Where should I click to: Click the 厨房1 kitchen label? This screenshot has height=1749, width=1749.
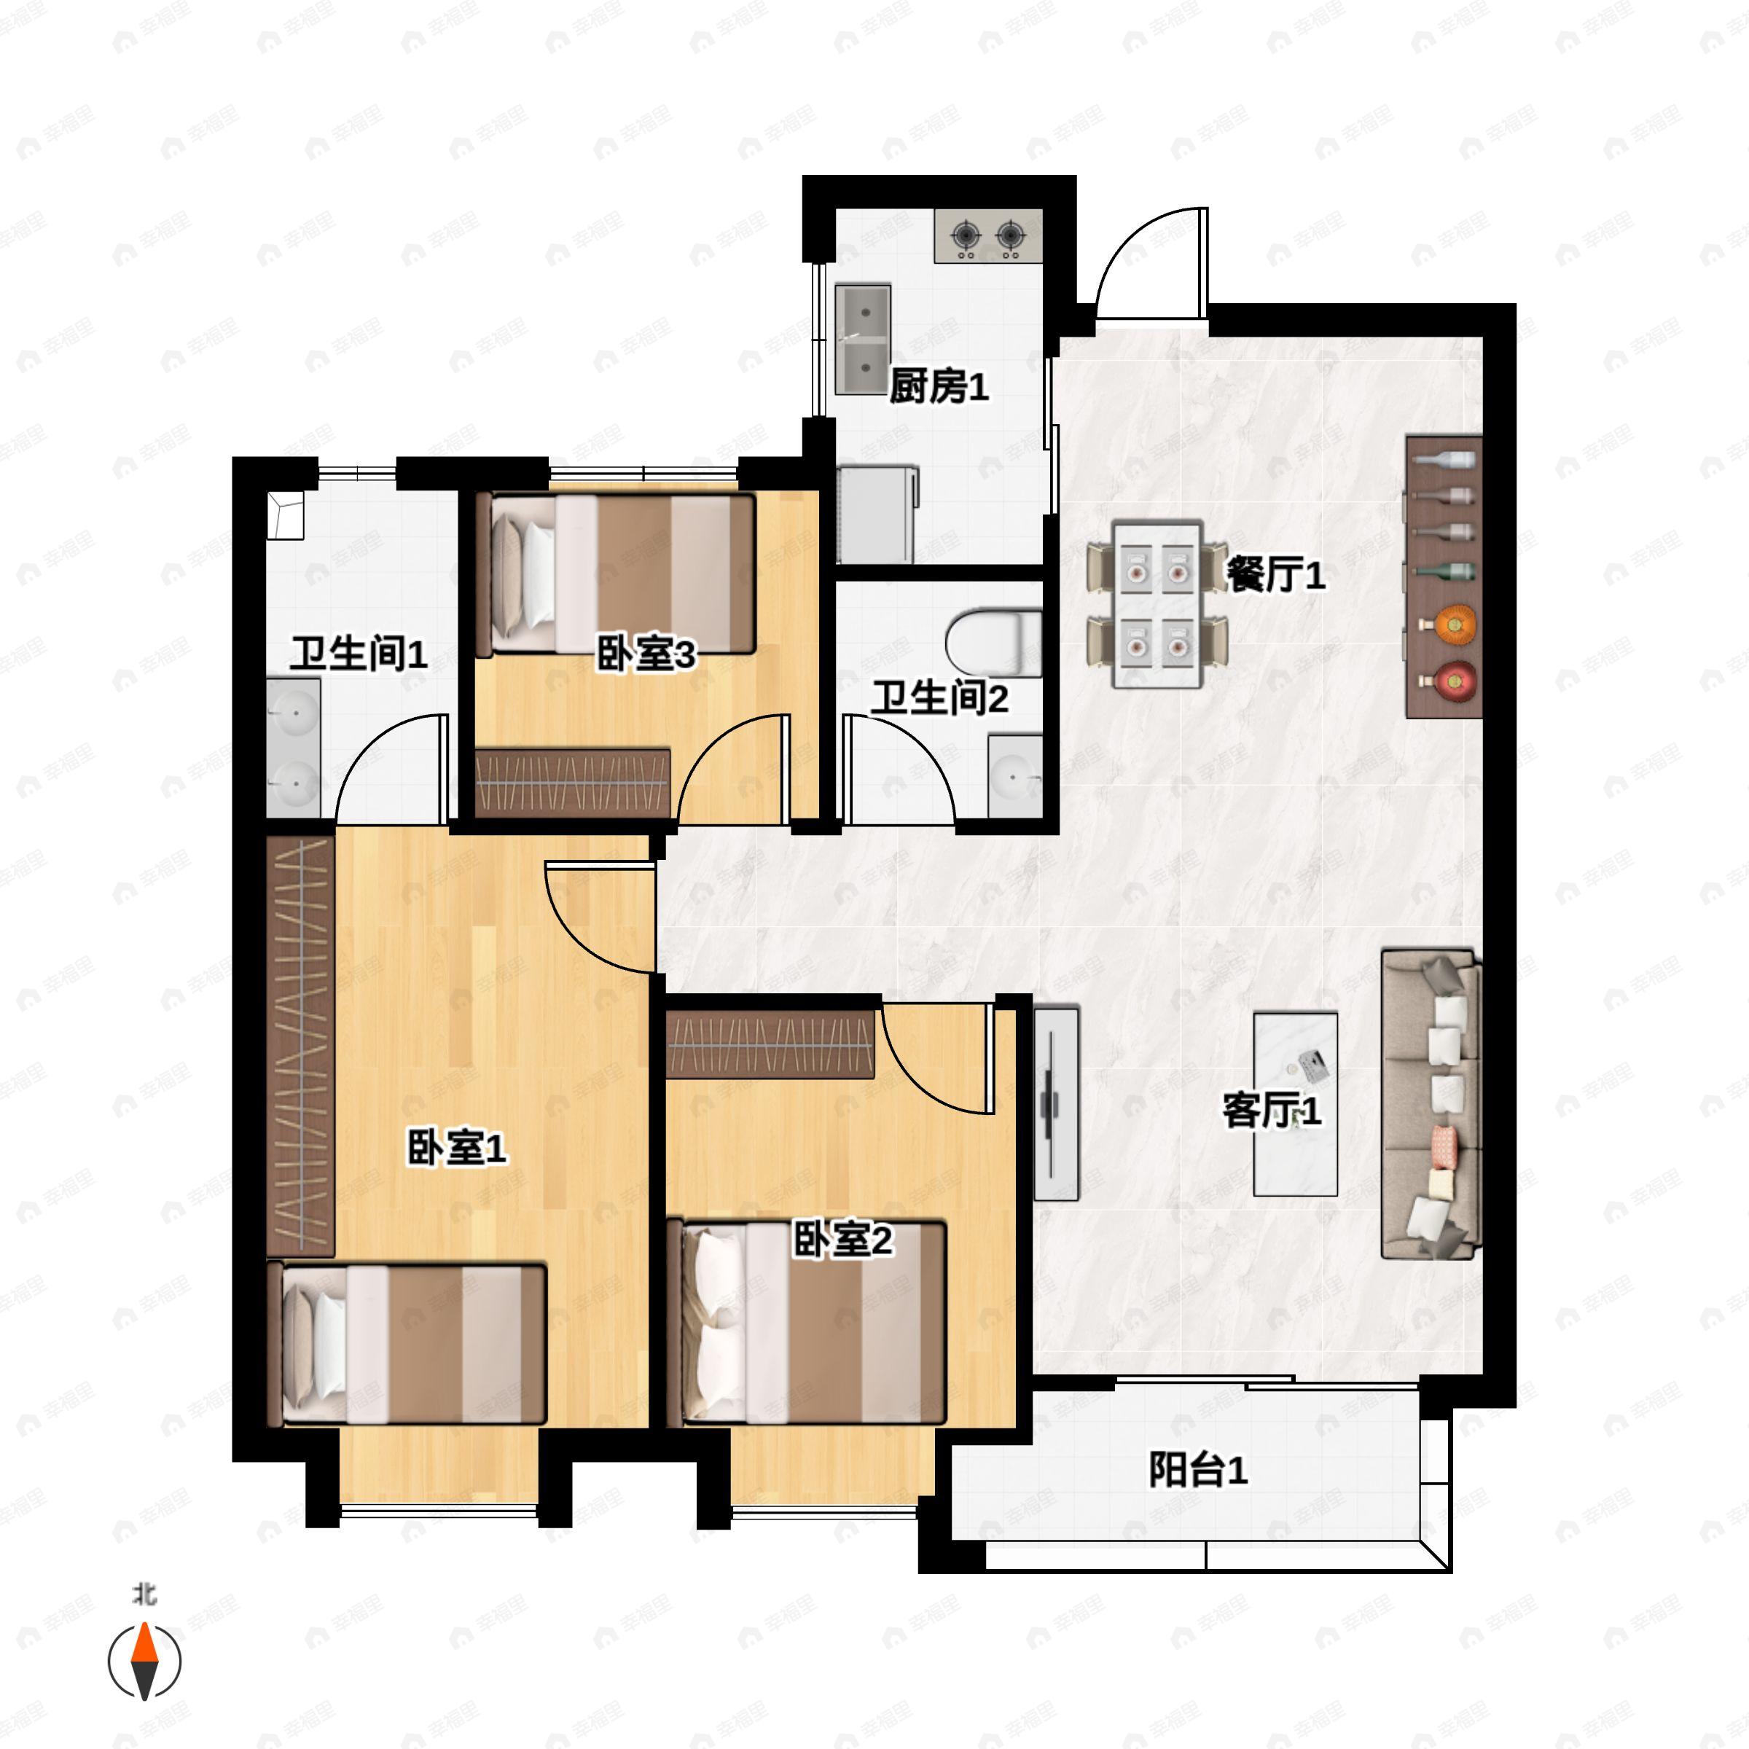point(939,386)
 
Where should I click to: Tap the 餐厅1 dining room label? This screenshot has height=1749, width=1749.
point(1275,574)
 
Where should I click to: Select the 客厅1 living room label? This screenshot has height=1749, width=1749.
point(1272,1110)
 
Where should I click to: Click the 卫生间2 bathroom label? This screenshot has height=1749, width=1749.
point(939,698)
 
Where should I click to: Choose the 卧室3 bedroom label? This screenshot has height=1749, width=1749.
point(646,654)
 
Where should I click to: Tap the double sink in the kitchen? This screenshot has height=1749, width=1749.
point(863,340)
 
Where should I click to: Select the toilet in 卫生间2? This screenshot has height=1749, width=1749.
point(994,643)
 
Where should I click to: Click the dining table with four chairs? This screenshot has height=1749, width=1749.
point(1158,602)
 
